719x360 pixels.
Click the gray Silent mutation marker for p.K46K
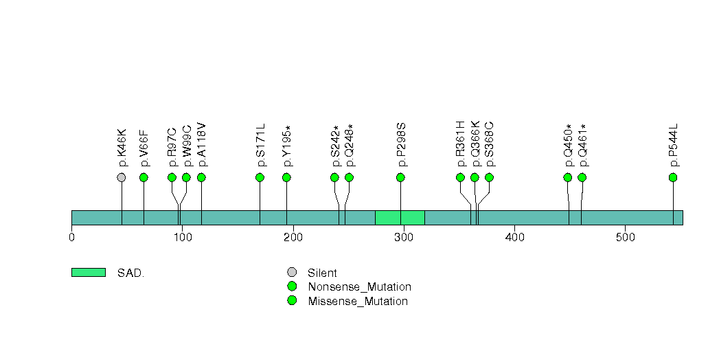(122, 178)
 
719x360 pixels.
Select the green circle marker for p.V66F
(144, 178)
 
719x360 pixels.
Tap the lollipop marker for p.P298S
(400, 178)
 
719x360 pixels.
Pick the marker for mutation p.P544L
(673, 178)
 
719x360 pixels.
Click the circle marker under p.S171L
(260, 178)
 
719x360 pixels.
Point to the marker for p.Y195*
(286, 178)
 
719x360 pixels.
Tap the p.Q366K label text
(475, 144)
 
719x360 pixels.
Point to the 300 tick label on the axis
(403, 238)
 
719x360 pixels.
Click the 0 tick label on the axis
(71, 238)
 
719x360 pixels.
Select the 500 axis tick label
(625, 238)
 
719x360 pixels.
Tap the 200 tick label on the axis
(293, 238)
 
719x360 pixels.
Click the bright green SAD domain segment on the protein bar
(400, 217)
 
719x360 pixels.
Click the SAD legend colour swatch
(88, 273)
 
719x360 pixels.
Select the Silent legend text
(322, 273)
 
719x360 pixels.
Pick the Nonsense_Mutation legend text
(359, 287)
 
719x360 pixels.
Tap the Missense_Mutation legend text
(358, 301)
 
